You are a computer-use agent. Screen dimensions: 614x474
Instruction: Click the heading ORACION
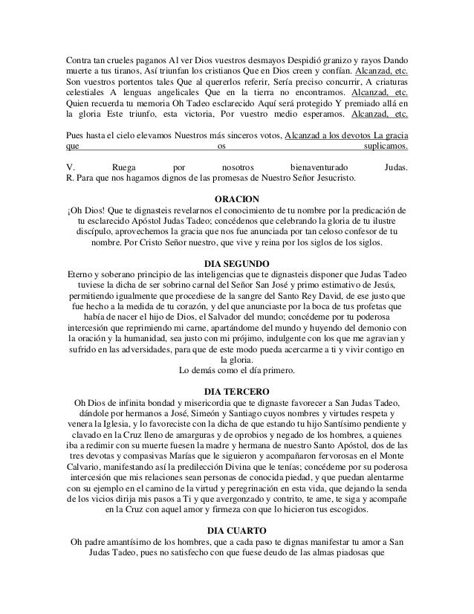237,201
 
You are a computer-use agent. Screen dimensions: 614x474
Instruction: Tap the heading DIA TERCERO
237,390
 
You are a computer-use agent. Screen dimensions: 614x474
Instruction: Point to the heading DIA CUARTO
237,529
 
